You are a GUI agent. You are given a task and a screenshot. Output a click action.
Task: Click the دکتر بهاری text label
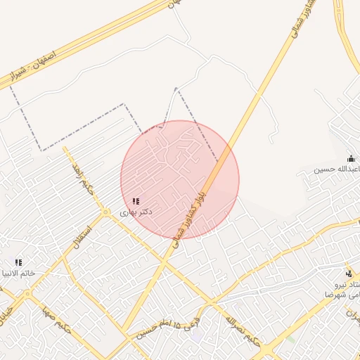tap(136, 212)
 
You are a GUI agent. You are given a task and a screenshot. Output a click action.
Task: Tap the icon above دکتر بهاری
tap(136, 201)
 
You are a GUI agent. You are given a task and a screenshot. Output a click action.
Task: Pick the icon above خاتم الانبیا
tap(18, 262)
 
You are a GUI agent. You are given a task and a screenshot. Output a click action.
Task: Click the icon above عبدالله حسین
tap(351, 159)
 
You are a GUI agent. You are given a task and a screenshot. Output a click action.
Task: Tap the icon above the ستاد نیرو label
tap(349, 273)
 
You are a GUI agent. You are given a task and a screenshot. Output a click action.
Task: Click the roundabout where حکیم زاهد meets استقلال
tap(105, 212)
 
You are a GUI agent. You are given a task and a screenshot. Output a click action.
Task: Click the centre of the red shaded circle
tap(180, 180)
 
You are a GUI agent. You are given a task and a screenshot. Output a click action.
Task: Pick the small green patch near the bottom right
tap(290, 339)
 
